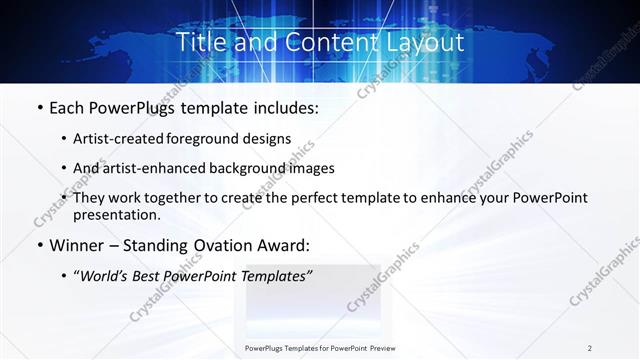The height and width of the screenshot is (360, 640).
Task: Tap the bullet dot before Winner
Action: (39, 245)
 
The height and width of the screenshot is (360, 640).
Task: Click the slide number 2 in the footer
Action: (589, 348)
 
